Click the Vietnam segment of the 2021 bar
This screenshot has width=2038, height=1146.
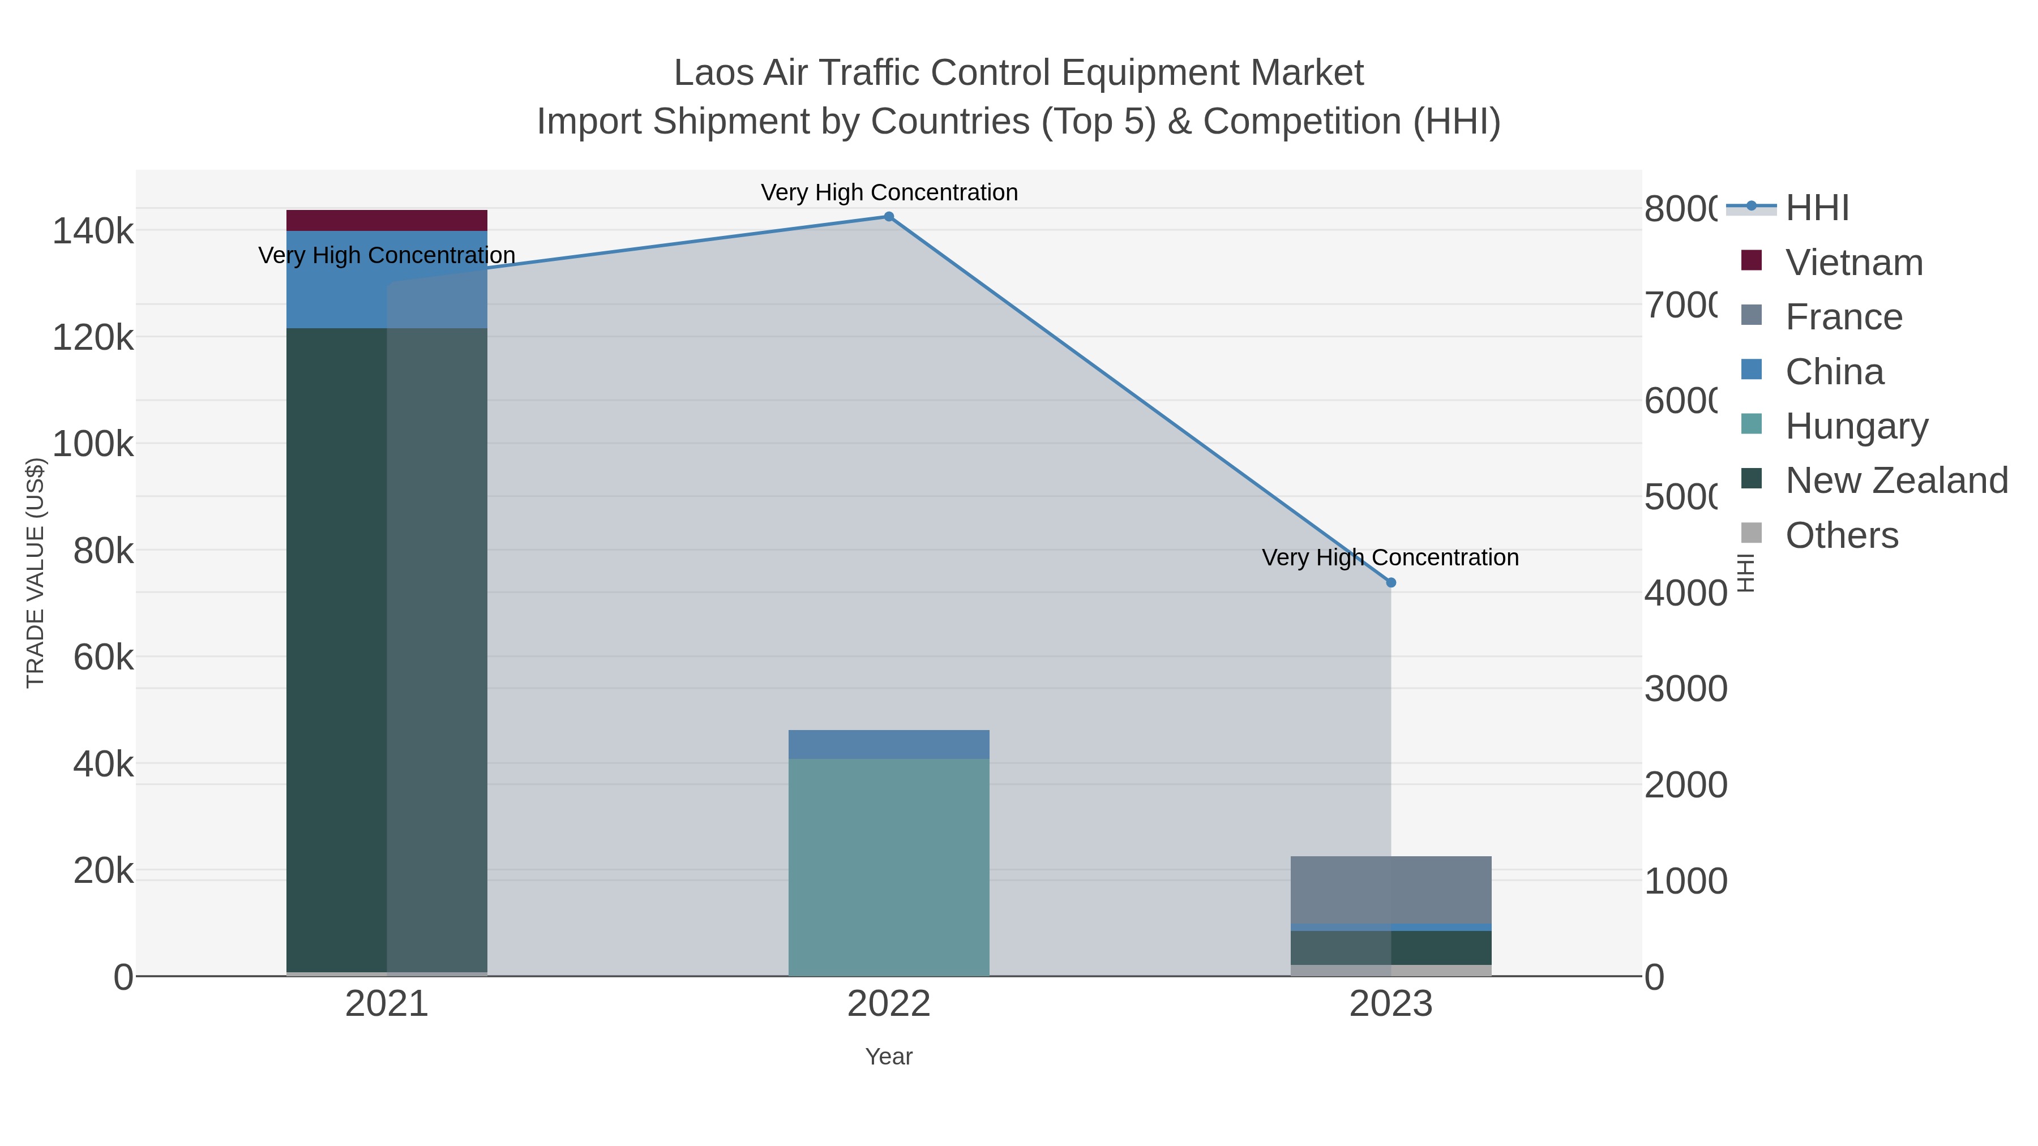(386, 220)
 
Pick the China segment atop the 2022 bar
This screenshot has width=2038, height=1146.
(888, 744)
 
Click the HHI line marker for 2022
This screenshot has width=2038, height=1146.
(888, 217)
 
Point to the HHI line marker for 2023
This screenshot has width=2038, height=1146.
(1391, 583)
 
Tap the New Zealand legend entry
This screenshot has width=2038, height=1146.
(1895, 481)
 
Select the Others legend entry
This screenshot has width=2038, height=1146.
(1841, 535)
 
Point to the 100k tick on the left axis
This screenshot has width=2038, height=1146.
(93, 444)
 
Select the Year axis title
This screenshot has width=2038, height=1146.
(888, 1057)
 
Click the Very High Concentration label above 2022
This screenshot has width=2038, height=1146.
(888, 192)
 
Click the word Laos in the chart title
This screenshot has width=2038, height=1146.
(714, 73)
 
